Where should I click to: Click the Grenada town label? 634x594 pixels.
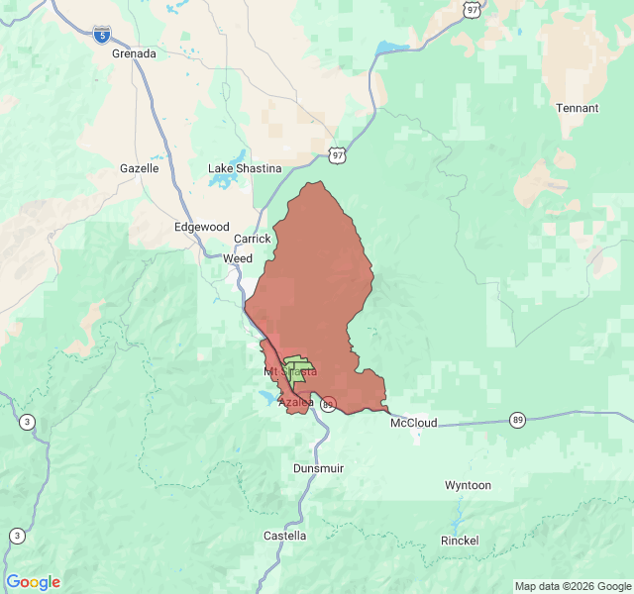pos(134,53)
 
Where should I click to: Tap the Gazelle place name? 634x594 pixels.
pos(140,168)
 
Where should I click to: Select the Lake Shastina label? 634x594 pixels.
pos(245,168)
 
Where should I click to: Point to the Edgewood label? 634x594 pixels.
pos(201,227)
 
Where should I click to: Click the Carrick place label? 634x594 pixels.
pos(252,240)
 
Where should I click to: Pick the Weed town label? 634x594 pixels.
pos(238,258)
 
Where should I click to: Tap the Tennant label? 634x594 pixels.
pos(577,108)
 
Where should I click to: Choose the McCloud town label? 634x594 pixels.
pos(414,423)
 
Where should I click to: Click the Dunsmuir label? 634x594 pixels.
pos(319,468)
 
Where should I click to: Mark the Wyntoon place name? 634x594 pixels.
pos(468,486)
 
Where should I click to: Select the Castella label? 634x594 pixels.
pos(284,536)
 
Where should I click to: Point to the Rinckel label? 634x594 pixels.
pos(460,541)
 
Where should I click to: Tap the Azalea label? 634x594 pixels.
pos(296,402)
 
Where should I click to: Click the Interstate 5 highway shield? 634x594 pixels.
pos(102,35)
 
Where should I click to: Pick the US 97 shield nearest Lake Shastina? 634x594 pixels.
pos(338,155)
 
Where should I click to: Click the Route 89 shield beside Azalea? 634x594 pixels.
pos(328,404)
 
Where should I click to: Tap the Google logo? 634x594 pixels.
pos(33,582)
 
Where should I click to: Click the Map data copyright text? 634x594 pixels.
pos(571,586)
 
